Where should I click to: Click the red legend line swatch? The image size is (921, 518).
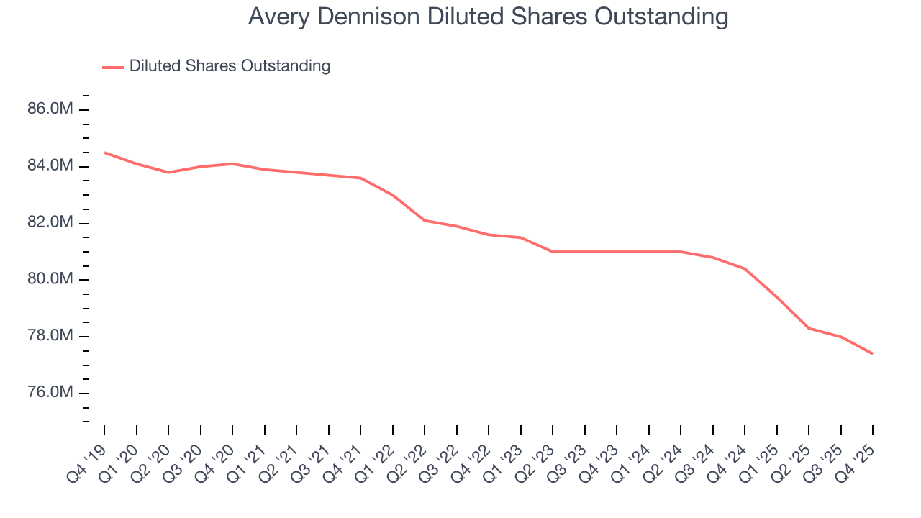pyautogui.click(x=113, y=67)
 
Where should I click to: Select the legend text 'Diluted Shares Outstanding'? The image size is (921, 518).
pyautogui.click(x=230, y=66)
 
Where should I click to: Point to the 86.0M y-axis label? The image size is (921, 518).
pyautogui.click(x=50, y=109)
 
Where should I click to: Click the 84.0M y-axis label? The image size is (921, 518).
pyautogui.click(x=50, y=166)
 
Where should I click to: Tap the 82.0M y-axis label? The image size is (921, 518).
pyautogui.click(x=50, y=223)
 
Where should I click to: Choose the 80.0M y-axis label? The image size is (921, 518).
pyautogui.click(x=50, y=279)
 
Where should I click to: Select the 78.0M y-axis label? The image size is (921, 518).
pyautogui.click(x=50, y=336)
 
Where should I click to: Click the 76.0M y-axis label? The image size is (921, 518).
pyautogui.click(x=50, y=393)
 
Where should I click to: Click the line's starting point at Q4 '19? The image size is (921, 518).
pyautogui.click(x=104, y=153)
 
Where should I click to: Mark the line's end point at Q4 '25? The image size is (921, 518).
pyautogui.click(x=873, y=353)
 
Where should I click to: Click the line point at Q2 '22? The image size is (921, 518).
pyautogui.click(x=425, y=220)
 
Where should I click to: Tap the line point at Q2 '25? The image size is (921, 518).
pyautogui.click(x=809, y=328)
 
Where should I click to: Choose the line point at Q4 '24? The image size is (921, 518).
pyautogui.click(x=745, y=268)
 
